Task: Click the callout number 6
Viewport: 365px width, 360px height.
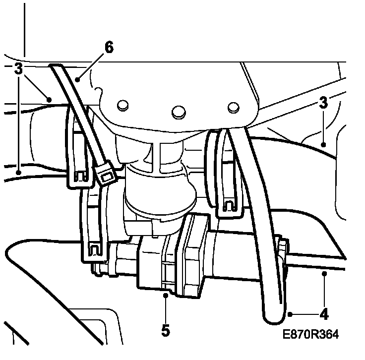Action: coord(109,48)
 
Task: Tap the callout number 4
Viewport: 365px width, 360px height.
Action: coord(324,314)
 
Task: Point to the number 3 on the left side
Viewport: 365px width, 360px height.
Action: coord(18,69)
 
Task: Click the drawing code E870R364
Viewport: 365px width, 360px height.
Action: coord(310,335)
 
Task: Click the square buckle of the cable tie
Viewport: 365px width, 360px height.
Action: coord(105,175)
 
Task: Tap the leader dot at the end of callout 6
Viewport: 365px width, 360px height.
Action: coord(78,78)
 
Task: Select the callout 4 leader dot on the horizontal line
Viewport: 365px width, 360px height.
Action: coord(324,273)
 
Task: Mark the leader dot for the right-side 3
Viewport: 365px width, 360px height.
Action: coord(323,145)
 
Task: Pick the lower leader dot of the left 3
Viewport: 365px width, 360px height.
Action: coord(18,172)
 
